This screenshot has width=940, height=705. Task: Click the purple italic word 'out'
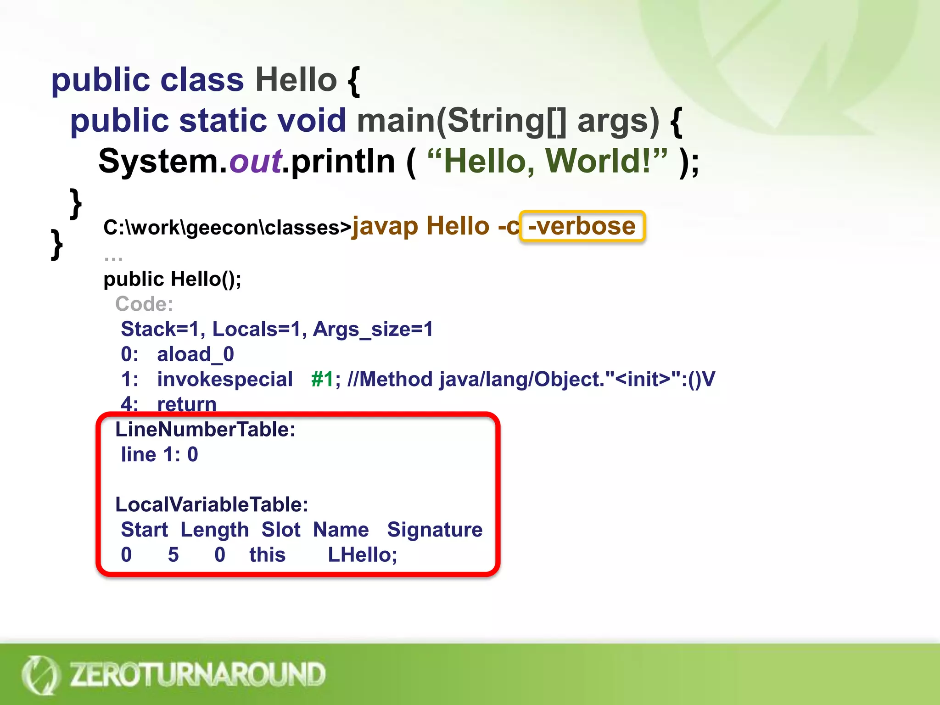255,162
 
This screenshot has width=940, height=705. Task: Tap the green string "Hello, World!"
547,162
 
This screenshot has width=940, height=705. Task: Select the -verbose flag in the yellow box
582,226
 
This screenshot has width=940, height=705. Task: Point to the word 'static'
223,120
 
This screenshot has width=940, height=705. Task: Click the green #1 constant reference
322,379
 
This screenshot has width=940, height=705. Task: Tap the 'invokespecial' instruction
225,379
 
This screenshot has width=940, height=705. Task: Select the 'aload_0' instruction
196,354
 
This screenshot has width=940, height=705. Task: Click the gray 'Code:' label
144,304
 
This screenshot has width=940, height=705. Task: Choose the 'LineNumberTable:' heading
205,430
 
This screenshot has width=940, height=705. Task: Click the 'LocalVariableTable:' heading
212,504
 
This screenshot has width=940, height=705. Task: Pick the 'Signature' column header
435,530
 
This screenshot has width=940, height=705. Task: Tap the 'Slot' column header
281,530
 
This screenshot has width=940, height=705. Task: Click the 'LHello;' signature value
362,555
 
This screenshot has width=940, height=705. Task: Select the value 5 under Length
173,555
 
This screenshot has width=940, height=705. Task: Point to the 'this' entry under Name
267,555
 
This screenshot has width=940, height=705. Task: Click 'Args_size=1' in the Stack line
373,330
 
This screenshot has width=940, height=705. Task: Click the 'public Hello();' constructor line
172,279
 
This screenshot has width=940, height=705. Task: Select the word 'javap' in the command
385,226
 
